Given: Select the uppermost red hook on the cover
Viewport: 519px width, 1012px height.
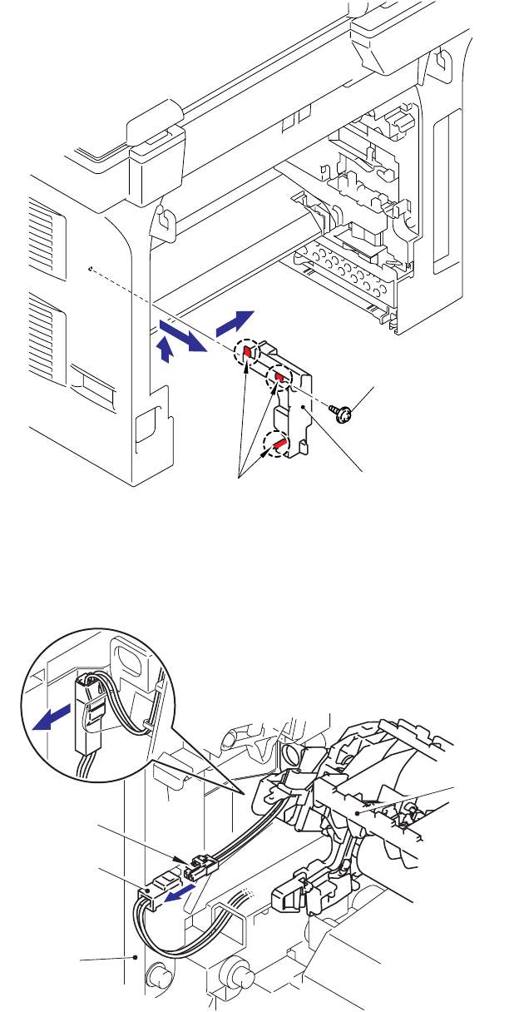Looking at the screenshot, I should coord(247,354).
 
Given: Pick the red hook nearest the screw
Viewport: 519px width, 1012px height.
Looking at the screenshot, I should coord(280,380).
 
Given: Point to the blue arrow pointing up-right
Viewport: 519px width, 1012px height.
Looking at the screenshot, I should coord(233,319).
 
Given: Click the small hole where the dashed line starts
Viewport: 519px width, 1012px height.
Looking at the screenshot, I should coord(88,268).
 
